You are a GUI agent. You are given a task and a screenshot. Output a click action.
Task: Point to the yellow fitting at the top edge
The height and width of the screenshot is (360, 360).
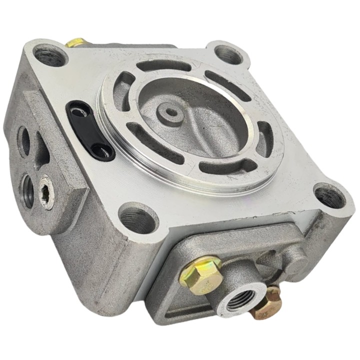75,42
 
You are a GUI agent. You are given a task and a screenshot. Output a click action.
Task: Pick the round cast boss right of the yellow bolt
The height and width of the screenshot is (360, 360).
295,257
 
